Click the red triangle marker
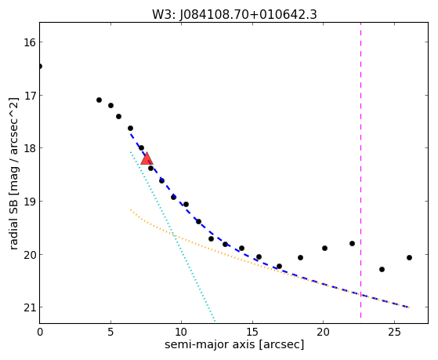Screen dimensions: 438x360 click(147, 158)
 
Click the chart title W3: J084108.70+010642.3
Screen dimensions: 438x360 click(234, 15)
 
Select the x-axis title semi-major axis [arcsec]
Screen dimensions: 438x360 click(234, 344)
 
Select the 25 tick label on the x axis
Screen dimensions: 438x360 click(394, 333)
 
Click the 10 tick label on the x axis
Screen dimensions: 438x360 click(181, 333)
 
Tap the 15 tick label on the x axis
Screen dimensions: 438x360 click(252, 333)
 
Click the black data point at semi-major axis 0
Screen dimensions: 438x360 click(40, 67)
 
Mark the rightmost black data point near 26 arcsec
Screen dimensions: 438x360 click(409, 257)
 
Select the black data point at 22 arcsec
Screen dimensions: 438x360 click(352, 244)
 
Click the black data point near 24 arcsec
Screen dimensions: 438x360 click(382, 269)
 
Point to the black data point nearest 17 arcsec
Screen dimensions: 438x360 click(279, 267)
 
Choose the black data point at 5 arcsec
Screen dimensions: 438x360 click(110, 105)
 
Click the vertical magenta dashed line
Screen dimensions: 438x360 click(360, 170)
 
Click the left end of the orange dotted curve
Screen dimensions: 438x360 click(130, 209)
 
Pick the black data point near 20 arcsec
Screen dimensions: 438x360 click(324, 248)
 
